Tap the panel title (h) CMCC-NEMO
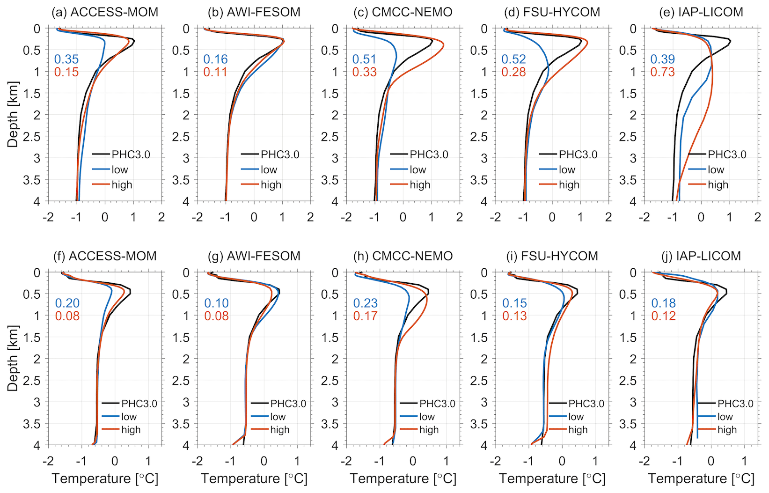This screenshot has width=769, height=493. coord(403,256)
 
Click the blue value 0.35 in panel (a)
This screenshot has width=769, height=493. coord(66,59)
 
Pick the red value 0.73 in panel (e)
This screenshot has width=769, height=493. coord(662,72)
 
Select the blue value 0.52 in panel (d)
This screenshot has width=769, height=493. coord(513,59)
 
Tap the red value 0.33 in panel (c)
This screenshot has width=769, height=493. coord(364,72)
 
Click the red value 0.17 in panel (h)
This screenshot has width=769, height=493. coord(365,316)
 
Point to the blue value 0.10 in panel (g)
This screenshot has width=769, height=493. coord(216,303)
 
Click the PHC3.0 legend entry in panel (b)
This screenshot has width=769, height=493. coord(279,155)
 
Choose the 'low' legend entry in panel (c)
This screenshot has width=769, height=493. coord(417,169)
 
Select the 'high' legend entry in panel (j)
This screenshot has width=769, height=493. coord(727,430)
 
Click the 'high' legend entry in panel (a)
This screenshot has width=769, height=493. coord(122,185)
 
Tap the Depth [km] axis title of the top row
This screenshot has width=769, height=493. coord(13,115)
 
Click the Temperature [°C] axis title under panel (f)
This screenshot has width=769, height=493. coord(105,478)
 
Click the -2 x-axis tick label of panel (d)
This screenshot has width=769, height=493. coord(495,217)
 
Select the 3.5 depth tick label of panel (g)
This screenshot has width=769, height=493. coord(181,424)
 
